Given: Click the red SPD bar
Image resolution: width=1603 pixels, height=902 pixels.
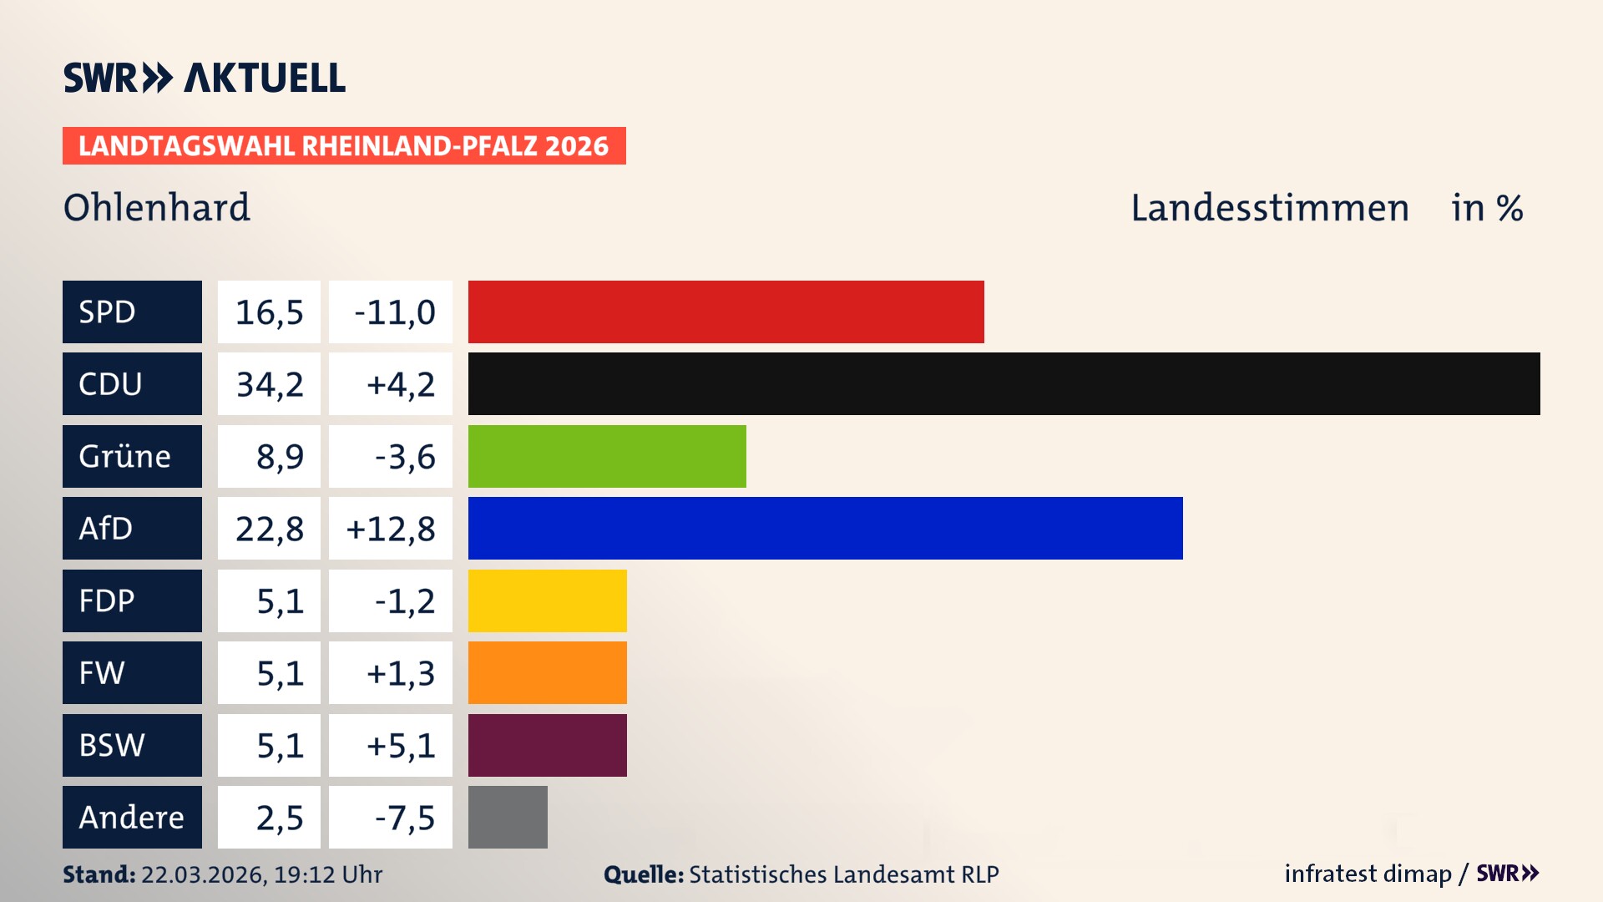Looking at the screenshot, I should (726, 312).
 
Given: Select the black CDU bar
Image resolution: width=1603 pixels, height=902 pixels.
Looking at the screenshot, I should (1004, 383).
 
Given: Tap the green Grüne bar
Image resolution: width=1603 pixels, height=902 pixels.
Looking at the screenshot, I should (607, 456).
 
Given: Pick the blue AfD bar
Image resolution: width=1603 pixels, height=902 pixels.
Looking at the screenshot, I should (825, 528).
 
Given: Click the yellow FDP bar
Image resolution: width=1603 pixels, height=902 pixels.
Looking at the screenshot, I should (547, 600).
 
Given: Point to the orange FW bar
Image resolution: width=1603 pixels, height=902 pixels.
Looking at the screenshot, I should (547, 672).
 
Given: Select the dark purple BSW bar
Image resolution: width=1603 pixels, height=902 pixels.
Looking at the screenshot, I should (547, 745).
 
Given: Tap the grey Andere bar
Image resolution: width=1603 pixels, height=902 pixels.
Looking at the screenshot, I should (508, 817).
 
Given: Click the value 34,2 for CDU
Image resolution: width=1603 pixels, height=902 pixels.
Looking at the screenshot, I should (270, 384).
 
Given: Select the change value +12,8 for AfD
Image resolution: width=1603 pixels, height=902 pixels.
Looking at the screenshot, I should (391, 529).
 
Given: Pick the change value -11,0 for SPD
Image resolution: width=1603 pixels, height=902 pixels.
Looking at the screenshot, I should (394, 312).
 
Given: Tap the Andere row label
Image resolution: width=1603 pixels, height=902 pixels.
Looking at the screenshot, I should (132, 817).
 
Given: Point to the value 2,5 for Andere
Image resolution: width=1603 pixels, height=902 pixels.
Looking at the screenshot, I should (280, 818).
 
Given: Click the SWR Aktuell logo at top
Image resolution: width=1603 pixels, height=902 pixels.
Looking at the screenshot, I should (205, 78).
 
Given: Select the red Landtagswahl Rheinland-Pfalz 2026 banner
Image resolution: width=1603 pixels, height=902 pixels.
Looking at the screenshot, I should (344, 146).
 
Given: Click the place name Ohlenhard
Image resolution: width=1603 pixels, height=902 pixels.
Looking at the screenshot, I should (157, 207).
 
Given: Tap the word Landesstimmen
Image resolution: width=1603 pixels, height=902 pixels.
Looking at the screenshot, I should (1269, 207).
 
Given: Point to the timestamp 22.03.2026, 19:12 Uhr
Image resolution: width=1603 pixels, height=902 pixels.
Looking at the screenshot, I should (261, 874).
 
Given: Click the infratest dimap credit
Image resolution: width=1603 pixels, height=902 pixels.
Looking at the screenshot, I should (1368, 874).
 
